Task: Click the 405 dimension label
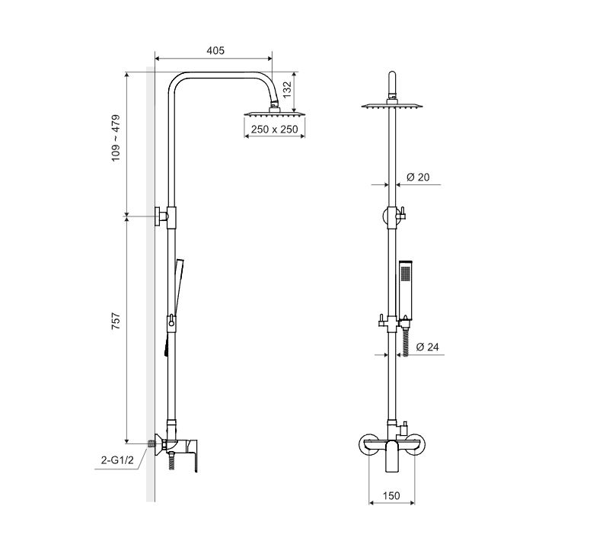pyautogui.click(x=215, y=50)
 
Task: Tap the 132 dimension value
pyautogui.click(x=287, y=90)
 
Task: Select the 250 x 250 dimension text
pyautogui.click(x=274, y=129)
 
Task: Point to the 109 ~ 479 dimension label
pyautogui.click(x=116, y=138)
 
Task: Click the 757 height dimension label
pyautogui.click(x=116, y=321)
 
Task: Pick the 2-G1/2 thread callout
pyautogui.click(x=117, y=460)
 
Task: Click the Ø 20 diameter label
pyautogui.click(x=418, y=178)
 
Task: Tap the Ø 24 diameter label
pyautogui.click(x=427, y=347)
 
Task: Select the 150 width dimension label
pyautogui.click(x=391, y=495)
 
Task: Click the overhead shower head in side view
pyautogui.click(x=275, y=113)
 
